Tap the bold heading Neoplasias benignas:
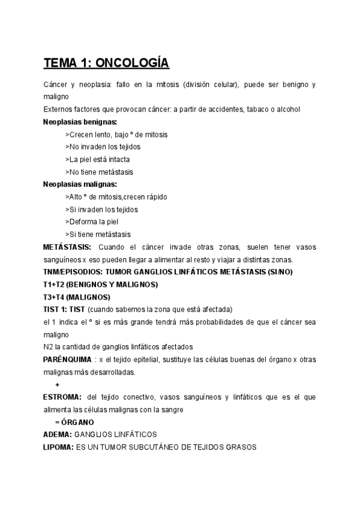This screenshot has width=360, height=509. pyautogui.click(x=80, y=122)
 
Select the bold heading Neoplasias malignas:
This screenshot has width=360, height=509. pyautogui.click(x=80, y=184)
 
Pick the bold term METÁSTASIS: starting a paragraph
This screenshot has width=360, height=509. pyautogui.click(x=67, y=247)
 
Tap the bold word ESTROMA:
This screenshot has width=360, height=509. pyautogui.click(x=62, y=397)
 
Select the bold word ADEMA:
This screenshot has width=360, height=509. pyautogui.click(x=58, y=434)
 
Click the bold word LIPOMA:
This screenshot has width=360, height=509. pyautogui.click(x=58, y=447)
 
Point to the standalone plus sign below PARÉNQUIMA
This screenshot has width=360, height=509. pyautogui.click(x=57, y=384)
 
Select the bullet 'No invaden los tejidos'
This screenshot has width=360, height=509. pyautogui.click(x=99, y=147)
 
